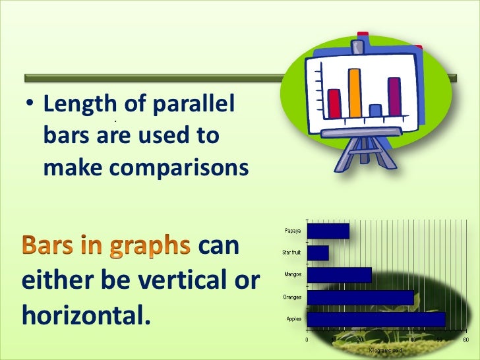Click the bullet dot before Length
pyautogui.click(x=29, y=106)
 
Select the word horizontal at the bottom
pyautogui.click(x=82, y=315)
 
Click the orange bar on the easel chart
pyautogui.click(x=355, y=92)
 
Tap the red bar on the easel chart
pyautogui.click(x=334, y=102)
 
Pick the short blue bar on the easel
pyautogui.click(x=375, y=110)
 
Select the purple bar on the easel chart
pyautogui.click(x=394, y=96)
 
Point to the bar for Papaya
pyautogui.click(x=328, y=231)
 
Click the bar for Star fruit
pyautogui.click(x=318, y=253)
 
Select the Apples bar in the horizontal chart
pyautogui.click(x=376, y=319)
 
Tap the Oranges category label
pyautogui.click(x=292, y=297)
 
